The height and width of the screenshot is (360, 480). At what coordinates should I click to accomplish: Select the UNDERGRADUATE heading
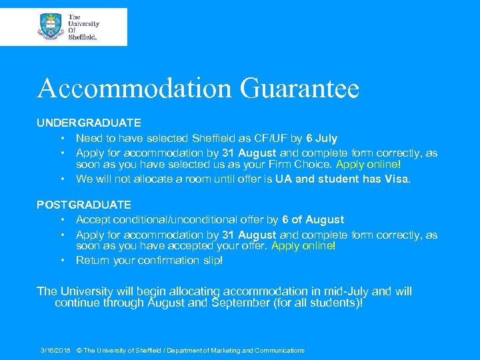point(89,123)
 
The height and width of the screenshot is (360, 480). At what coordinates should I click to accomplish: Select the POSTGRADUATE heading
point(84,205)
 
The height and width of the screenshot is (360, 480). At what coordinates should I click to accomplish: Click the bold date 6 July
point(321,139)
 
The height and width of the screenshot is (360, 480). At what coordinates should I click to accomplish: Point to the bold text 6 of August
point(313,220)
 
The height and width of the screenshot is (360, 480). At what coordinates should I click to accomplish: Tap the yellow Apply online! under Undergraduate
point(369,164)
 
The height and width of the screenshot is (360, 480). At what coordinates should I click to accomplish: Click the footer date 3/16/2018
point(55,350)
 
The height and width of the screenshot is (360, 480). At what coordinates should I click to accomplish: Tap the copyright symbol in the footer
point(79,350)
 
